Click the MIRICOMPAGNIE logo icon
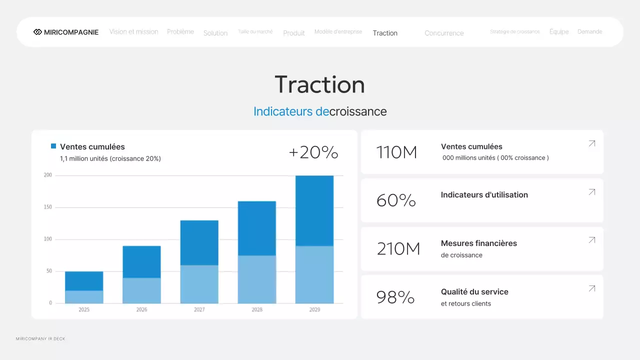(x=37, y=32)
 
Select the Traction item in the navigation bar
(x=385, y=33)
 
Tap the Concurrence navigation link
(x=444, y=33)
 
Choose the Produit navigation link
(x=294, y=33)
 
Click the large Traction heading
(x=320, y=84)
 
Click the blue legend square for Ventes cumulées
(x=53, y=146)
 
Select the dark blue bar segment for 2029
(x=314, y=210)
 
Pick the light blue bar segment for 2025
(x=84, y=297)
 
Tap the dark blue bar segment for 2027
(x=199, y=242)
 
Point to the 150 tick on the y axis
(x=48, y=207)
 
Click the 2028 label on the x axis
(x=257, y=310)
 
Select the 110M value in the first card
(x=396, y=152)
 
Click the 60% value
(x=396, y=200)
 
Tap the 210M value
(x=398, y=248)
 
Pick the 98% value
(x=395, y=297)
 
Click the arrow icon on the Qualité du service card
(x=592, y=288)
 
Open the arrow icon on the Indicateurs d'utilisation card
(x=592, y=192)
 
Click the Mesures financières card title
(x=478, y=243)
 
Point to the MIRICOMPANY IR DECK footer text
(x=40, y=339)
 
